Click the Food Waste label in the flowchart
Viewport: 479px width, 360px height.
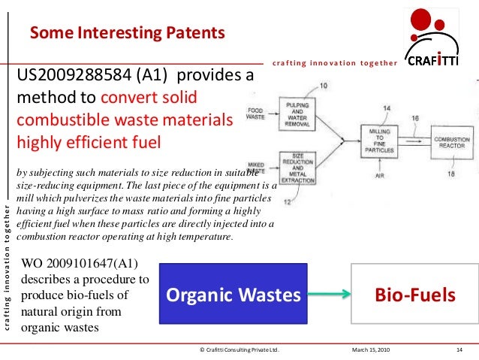click(258, 113)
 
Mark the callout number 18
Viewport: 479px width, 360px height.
click(451, 173)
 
